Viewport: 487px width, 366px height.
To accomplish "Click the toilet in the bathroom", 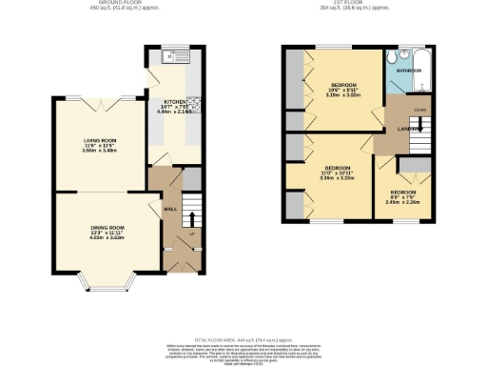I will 403,53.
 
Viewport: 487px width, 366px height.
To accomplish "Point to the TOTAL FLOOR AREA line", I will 243,339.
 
